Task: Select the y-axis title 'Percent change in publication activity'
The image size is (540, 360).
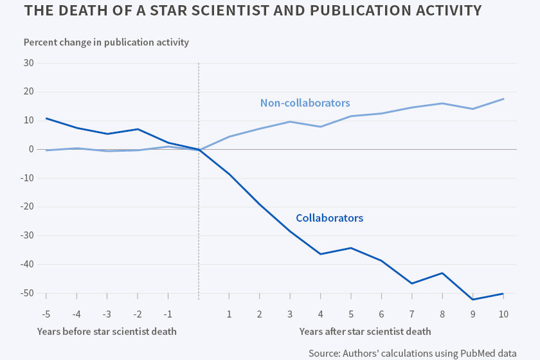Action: [x=106, y=42]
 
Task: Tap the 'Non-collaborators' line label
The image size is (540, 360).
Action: [x=305, y=103]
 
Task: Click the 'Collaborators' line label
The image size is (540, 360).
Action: [x=329, y=218]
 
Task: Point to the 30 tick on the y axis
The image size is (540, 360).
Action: [x=28, y=63]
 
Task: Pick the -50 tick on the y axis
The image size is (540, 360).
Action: [x=26, y=293]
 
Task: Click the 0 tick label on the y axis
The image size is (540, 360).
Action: [x=31, y=149]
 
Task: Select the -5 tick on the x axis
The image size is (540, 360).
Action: [x=46, y=314]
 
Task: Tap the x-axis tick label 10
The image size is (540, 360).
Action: [x=503, y=314]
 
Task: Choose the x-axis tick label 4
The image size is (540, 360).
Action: [x=320, y=314]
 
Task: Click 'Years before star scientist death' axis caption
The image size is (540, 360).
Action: [x=107, y=332]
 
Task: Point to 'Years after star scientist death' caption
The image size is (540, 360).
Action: [x=365, y=332]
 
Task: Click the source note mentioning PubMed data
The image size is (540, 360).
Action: [x=421, y=353]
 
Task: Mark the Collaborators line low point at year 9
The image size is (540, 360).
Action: [x=473, y=300]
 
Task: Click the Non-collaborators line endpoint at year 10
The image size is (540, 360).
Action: [x=503, y=98]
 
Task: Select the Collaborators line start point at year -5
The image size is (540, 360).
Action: [x=46, y=118]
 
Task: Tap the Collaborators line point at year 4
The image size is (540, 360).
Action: [x=320, y=254]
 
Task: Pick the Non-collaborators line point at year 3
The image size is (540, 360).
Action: [x=290, y=122]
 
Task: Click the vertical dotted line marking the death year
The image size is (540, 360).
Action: [x=199, y=193]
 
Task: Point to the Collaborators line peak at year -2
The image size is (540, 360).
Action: [x=138, y=129]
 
